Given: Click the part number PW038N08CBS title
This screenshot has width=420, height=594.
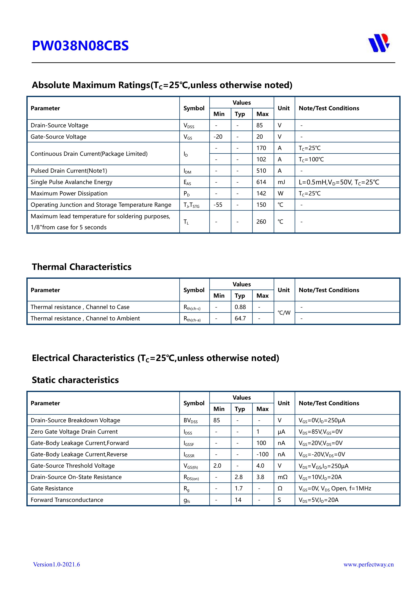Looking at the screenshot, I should (x=80, y=46).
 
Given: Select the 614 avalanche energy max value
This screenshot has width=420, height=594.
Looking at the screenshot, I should (x=261, y=182).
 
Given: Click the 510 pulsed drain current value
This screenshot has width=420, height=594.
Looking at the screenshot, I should (x=261, y=171).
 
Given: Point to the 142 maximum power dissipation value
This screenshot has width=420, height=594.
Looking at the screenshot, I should (x=261, y=194).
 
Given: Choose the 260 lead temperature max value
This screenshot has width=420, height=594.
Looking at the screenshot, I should (x=261, y=222).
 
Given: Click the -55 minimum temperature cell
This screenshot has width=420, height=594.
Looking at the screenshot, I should (x=218, y=205).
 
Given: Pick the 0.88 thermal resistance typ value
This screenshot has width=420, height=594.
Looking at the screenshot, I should (x=240, y=307).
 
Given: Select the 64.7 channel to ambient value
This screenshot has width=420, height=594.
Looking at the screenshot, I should (x=240, y=319).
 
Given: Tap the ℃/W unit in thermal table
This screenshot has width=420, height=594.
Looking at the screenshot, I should (x=284, y=313).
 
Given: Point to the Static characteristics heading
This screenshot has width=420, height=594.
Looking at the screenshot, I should (x=75, y=380).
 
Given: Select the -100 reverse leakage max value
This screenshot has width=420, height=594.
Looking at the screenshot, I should (x=262, y=454).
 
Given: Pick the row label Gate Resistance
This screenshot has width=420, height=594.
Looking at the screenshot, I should (x=52, y=489).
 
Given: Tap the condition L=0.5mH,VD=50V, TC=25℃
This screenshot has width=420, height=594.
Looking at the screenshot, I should (x=339, y=182).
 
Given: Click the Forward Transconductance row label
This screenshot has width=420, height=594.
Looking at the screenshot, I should (x=67, y=500).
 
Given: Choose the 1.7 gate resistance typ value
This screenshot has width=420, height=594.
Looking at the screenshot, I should (x=239, y=489).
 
